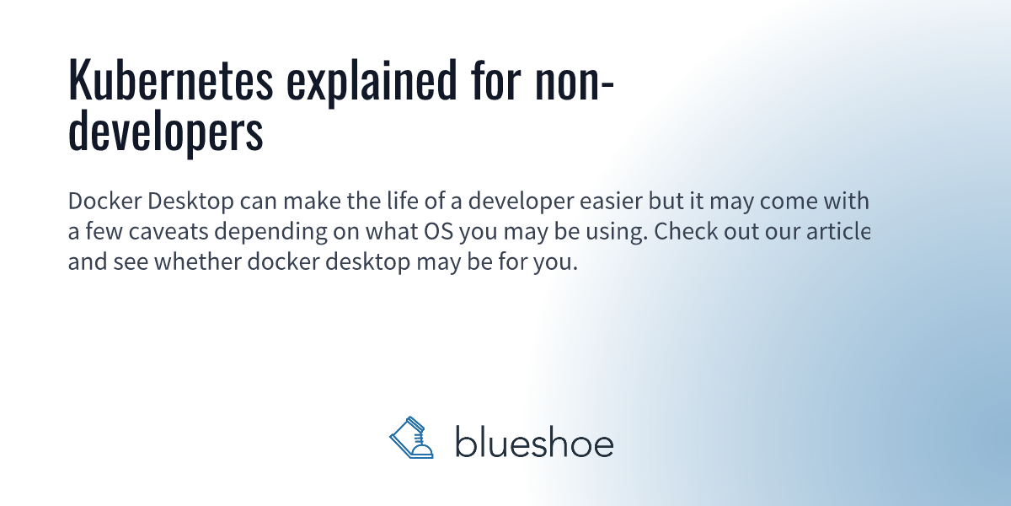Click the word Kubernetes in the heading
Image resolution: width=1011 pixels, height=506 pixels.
[x=170, y=80]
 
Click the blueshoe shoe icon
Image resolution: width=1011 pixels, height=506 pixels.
[x=411, y=438]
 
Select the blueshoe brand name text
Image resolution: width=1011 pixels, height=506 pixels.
[x=534, y=441]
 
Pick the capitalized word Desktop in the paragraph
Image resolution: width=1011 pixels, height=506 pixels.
[x=190, y=202]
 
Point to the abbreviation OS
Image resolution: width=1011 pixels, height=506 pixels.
[x=439, y=231]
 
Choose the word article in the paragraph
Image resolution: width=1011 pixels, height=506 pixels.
[x=838, y=231]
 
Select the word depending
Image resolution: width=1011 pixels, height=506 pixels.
[x=270, y=232]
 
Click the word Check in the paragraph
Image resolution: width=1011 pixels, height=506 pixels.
[x=686, y=231]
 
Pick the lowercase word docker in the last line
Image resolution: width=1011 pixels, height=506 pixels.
[x=283, y=261]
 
